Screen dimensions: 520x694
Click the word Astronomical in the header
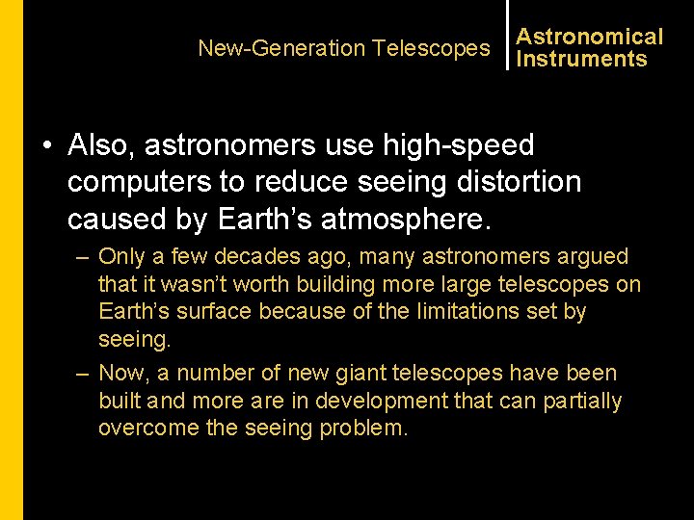click(590, 37)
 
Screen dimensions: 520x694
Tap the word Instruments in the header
click(581, 59)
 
